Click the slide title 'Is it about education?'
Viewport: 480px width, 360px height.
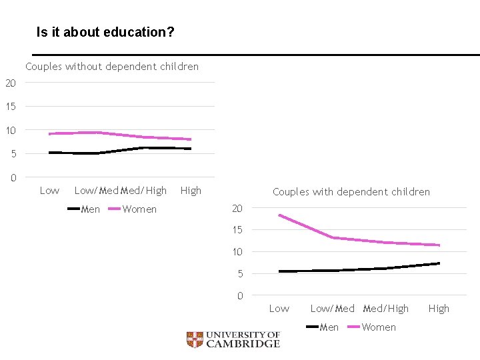105,32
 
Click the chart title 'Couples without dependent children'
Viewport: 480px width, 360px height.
112,67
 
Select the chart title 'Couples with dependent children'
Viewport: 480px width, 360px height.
351,192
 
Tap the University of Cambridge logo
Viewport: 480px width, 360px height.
233,340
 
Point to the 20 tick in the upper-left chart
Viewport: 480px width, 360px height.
10,83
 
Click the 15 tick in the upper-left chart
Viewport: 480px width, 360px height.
10,107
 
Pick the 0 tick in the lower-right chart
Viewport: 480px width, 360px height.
239,296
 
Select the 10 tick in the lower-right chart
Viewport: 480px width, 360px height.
237,252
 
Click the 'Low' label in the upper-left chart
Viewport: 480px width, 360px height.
49,191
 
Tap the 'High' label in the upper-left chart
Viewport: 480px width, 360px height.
191,191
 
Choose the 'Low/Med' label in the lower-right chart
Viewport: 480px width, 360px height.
332,309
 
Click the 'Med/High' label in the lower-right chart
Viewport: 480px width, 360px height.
386,309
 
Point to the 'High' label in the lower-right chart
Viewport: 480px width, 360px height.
439,309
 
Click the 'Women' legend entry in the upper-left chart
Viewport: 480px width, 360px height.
139,209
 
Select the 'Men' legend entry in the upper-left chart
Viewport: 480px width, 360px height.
90,209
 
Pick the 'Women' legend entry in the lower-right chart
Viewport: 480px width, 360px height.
379,327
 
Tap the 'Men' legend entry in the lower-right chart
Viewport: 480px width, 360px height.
329,327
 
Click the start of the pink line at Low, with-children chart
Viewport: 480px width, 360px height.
279,215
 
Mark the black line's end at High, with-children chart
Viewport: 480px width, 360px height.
439,263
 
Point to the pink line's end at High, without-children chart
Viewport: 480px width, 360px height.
191,139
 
